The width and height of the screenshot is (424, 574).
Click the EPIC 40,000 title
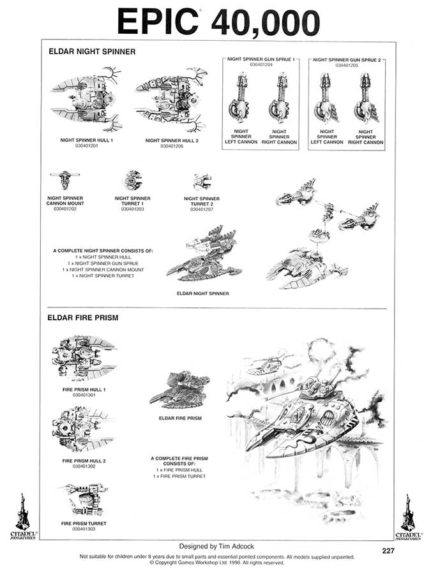[218, 22]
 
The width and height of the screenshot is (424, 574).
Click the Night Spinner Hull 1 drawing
[87, 99]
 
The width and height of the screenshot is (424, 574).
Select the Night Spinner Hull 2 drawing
[172, 99]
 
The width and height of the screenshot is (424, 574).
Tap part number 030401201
[87, 145]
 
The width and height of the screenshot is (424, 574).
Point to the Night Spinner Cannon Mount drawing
[65, 179]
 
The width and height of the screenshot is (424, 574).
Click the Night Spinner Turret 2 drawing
[202, 182]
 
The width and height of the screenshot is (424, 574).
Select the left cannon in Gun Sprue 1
[239, 99]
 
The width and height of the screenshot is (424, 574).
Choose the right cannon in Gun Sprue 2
[366, 99]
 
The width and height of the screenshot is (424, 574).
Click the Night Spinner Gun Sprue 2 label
[347, 60]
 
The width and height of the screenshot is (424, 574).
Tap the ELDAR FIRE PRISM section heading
[83, 318]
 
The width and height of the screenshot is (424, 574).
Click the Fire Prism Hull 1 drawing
[84, 358]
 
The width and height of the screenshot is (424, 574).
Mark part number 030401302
[84, 466]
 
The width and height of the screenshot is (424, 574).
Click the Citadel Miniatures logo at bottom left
[23, 517]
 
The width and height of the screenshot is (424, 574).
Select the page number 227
[388, 550]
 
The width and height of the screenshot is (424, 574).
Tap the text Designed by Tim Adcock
[216, 546]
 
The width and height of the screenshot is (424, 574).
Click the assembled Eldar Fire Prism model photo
[179, 390]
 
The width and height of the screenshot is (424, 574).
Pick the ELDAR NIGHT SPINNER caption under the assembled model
[202, 293]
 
